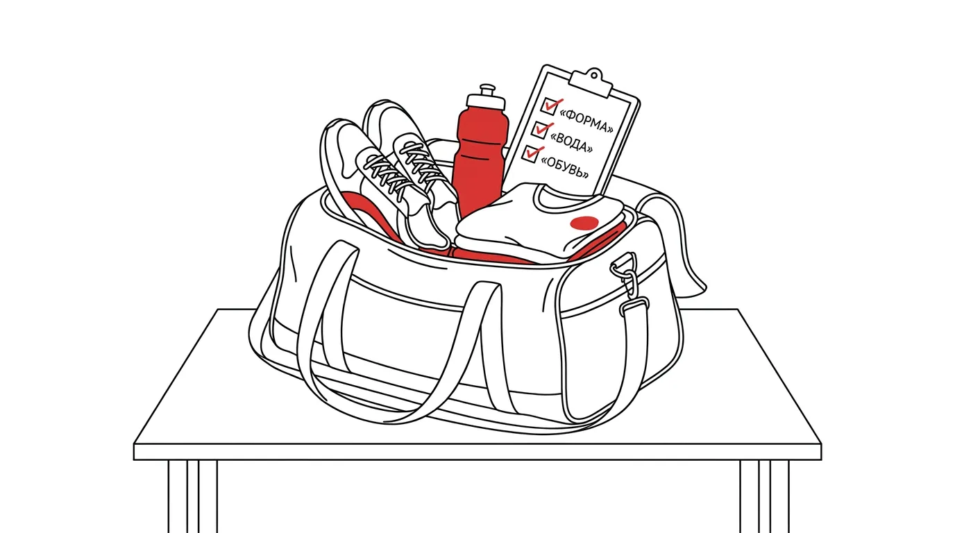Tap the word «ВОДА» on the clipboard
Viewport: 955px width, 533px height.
point(571,142)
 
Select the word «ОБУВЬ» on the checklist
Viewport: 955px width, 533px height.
point(564,167)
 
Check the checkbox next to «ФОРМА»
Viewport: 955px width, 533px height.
point(550,105)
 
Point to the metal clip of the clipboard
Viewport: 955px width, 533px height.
point(592,82)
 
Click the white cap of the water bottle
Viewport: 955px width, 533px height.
point(486,98)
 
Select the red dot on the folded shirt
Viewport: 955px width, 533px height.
point(584,223)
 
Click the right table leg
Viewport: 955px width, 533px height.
point(764,496)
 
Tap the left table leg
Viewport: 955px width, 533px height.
point(192,496)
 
